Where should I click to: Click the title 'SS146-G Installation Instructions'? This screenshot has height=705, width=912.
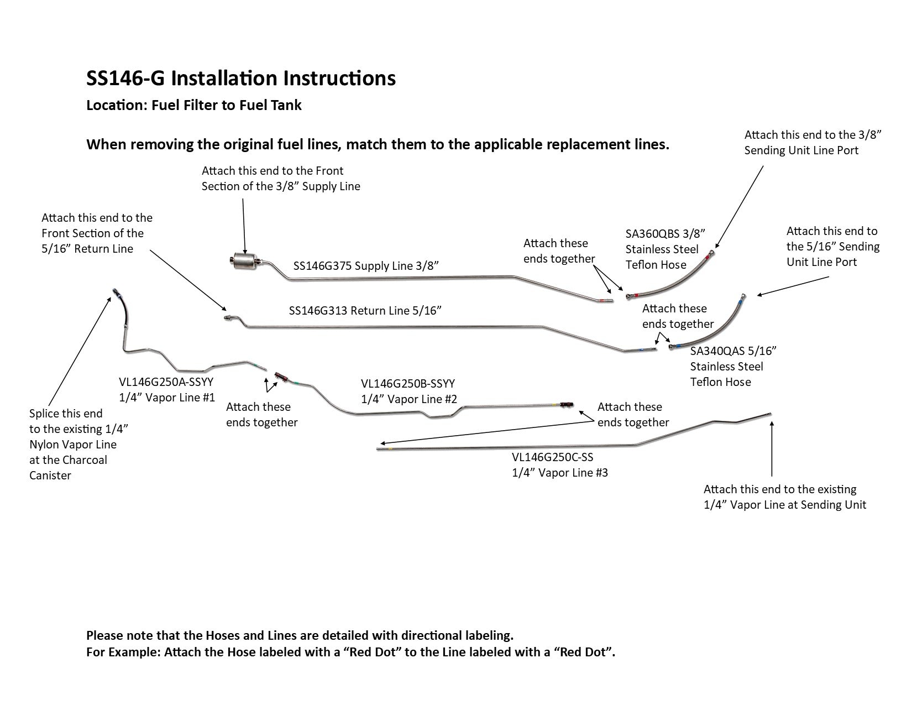pos(241,79)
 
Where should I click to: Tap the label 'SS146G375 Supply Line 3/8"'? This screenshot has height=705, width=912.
pos(366,266)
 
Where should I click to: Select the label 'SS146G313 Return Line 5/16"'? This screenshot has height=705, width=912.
pos(365,311)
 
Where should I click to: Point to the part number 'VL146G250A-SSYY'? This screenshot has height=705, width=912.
pos(166,382)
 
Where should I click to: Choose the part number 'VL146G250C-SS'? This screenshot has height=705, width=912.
pos(552,457)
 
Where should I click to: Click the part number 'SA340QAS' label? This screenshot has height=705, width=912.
pos(716,351)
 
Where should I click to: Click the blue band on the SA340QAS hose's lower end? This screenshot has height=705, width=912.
pos(679,346)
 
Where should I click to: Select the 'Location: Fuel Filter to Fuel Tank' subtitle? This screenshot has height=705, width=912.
pos(194,105)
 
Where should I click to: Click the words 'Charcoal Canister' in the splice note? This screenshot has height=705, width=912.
pos(68,467)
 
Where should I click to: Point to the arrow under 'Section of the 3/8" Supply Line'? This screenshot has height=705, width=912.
pos(244,221)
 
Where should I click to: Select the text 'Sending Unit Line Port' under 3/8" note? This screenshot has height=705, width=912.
pos(801,150)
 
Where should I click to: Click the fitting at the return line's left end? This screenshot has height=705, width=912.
pos(228,318)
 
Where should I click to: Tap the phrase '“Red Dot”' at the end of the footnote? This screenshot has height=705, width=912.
pos(586,652)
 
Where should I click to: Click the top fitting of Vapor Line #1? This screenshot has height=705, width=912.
pos(114,291)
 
